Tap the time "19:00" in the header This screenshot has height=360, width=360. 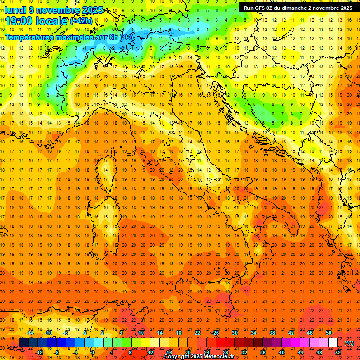pos(21,21)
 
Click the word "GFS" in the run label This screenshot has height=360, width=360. pos(262,8)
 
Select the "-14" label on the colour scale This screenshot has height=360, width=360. pos(30,333)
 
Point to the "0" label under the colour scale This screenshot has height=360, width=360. pos(93,352)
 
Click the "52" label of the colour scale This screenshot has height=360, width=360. pos(338,352)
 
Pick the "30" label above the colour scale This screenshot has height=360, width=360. pos(234,333)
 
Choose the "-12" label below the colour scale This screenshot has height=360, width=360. pos(39,352)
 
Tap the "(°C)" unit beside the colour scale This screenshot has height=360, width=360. pos(350,343)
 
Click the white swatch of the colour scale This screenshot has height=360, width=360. pos(333,343)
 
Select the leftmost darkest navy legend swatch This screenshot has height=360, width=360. pos(23,343)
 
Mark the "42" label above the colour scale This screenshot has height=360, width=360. pos(291,333)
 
